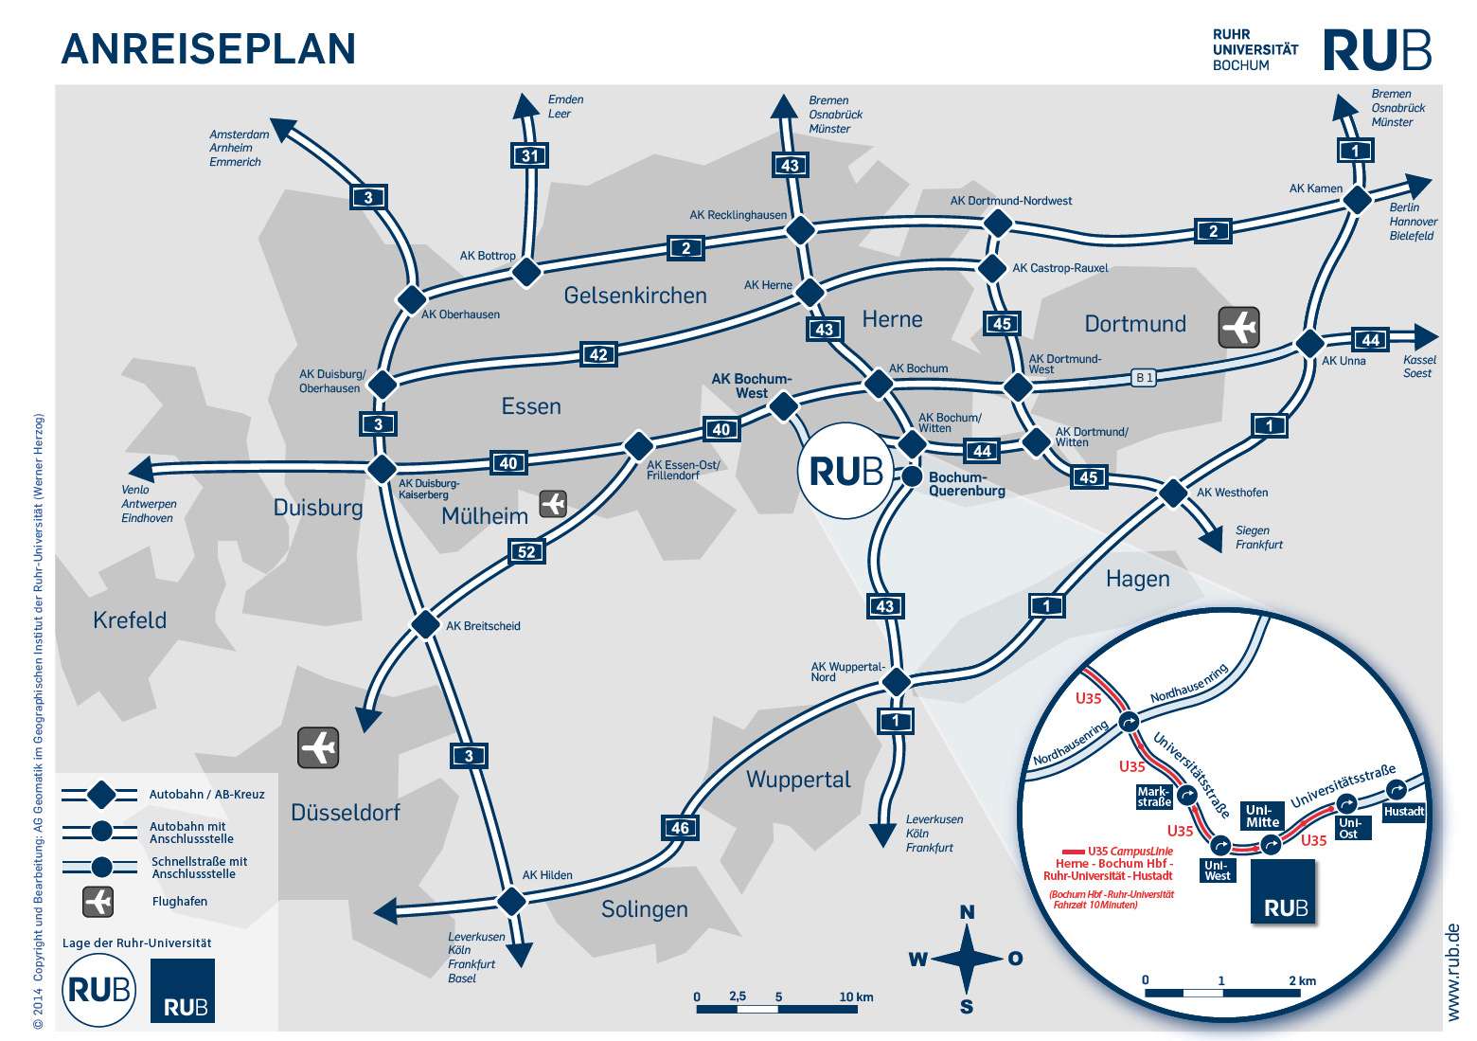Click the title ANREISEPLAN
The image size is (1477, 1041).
[208, 49]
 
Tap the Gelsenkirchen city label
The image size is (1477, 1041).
[635, 296]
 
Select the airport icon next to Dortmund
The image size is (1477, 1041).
[1238, 327]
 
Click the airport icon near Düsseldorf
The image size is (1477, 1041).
[318, 747]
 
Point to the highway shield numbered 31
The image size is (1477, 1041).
[530, 156]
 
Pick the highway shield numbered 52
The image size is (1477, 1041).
[526, 551]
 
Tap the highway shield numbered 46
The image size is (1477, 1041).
[680, 828]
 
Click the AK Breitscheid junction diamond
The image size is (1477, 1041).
[424, 625]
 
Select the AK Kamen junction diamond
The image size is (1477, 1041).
[1357, 200]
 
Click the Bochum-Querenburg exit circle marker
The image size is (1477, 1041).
[912, 476]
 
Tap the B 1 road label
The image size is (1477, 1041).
[1144, 377]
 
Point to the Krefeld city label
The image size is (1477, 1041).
[130, 620]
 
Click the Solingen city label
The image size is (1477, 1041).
[644, 909]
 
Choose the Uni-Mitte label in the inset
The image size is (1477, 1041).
[1262, 816]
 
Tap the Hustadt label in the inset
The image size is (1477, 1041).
[1403, 811]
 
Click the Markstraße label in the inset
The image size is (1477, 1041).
[1154, 797]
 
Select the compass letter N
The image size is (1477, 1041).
[967, 912]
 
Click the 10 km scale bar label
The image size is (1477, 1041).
[856, 996]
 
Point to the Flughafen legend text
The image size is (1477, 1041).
[180, 902]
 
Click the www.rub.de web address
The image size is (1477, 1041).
[1454, 972]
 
